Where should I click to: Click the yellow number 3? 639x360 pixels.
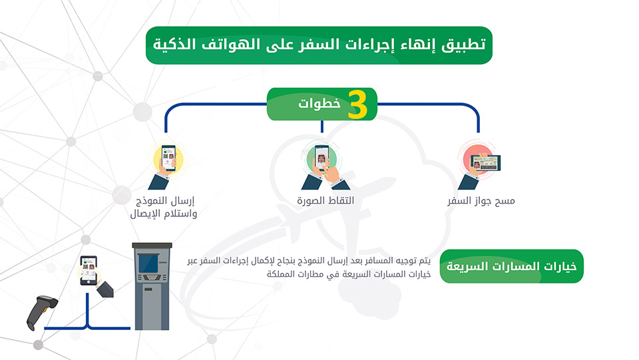pyautogui.click(x=357, y=104)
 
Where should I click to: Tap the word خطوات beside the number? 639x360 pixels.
pyautogui.click(x=319, y=103)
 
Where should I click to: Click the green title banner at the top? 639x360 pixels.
pyautogui.click(x=319, y=45)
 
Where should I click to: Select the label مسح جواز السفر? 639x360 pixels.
pyautogui.click(x=481, y=201)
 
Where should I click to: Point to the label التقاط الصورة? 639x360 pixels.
pyautogui.click(x=325, y=200)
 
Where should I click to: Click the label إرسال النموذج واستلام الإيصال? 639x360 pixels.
pyautogui.click(x=164, y=208)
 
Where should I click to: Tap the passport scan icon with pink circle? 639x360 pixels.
pyautogui.click(x=479, y=165)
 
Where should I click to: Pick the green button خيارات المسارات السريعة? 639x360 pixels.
pyautogui.click(x=511, y=266)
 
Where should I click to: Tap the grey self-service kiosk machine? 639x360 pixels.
pyautogui.click(x=152, y=286)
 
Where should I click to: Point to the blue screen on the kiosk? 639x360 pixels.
pyautogui.click(x=148, y=263)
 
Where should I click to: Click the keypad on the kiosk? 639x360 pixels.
pyautogui.click(x=152, y=277)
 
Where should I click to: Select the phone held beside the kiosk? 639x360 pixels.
pyautogui.click(x=89, y=270)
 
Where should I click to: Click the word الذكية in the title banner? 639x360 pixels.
pyautogui.click(x=172, y=44)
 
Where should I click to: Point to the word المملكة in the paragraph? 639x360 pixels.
pyautogui.click(x=281, y=274)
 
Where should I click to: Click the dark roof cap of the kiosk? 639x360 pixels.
pyautogui.click(x=152, y=246)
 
